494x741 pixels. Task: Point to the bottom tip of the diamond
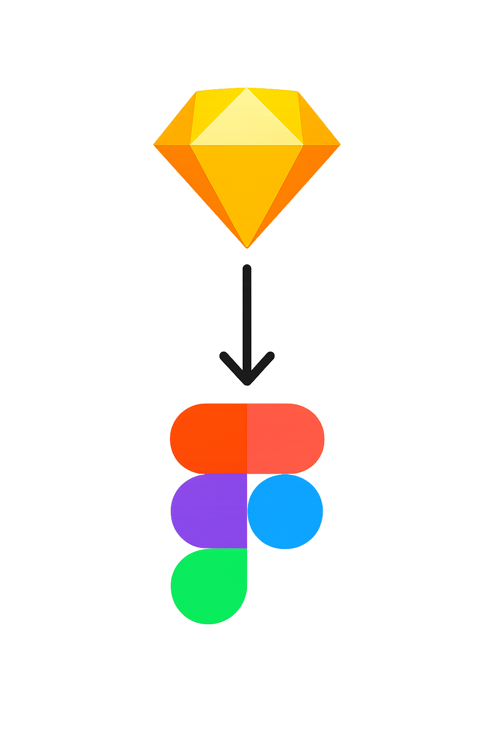click(x=247, y=246)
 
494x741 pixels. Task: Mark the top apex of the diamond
click(x=247, y=88)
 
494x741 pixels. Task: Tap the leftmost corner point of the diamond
click(x=154, y=144)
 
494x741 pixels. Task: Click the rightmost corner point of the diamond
click(x=340, y=144)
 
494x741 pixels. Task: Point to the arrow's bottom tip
click(x=247, y=384)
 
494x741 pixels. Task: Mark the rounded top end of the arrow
click(x=247, y=268)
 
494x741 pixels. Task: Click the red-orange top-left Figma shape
click(x=209, y=438)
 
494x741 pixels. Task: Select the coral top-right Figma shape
click(x=285, y=438)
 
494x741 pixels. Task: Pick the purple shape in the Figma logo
click(x=209, y=511)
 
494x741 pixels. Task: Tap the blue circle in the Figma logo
click(x=285, y=511)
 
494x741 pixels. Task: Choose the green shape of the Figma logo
click(x=209, y=586)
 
